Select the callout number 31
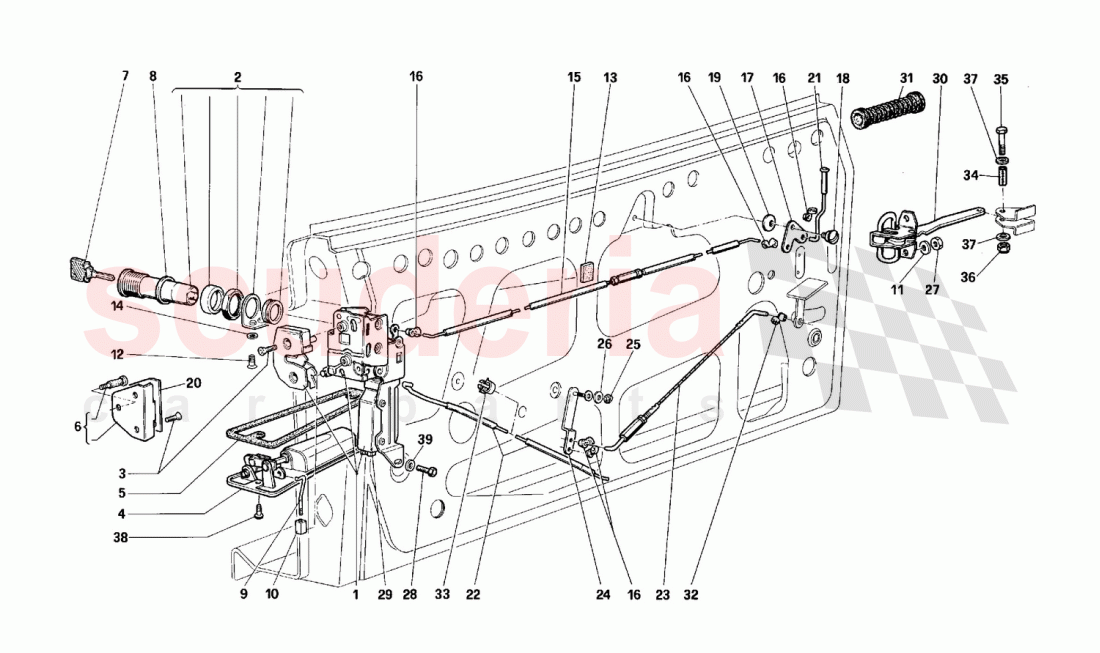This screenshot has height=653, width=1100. (x=906, y=78)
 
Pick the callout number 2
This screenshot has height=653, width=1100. (x=238, y=76)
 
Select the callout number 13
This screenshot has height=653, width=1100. (x=610, y=76)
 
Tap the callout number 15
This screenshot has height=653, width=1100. (x=573, y=76)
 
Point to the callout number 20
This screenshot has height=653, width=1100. (x=193, y=382)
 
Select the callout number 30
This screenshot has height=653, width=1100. (x=939, y=78)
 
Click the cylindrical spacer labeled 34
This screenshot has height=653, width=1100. (x=1000, y=184)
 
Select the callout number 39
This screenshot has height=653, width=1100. (x=424, y=440)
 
